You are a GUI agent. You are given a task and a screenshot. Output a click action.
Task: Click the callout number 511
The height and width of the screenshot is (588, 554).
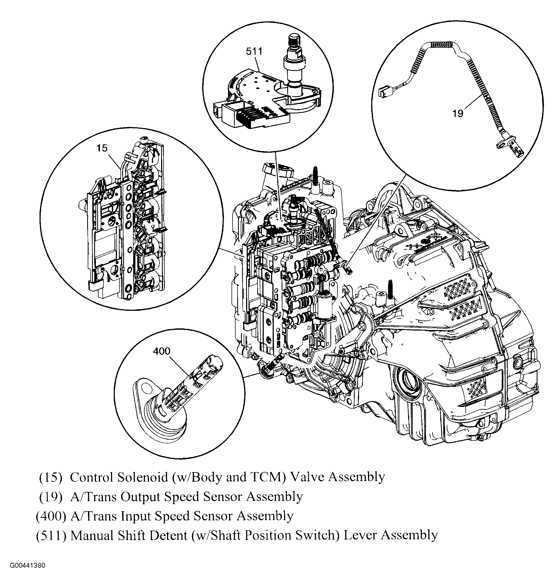[254, 52]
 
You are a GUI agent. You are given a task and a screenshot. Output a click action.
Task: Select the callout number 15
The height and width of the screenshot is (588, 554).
[102, 148]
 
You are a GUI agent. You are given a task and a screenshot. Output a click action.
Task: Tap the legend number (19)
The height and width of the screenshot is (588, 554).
[51, 497]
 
